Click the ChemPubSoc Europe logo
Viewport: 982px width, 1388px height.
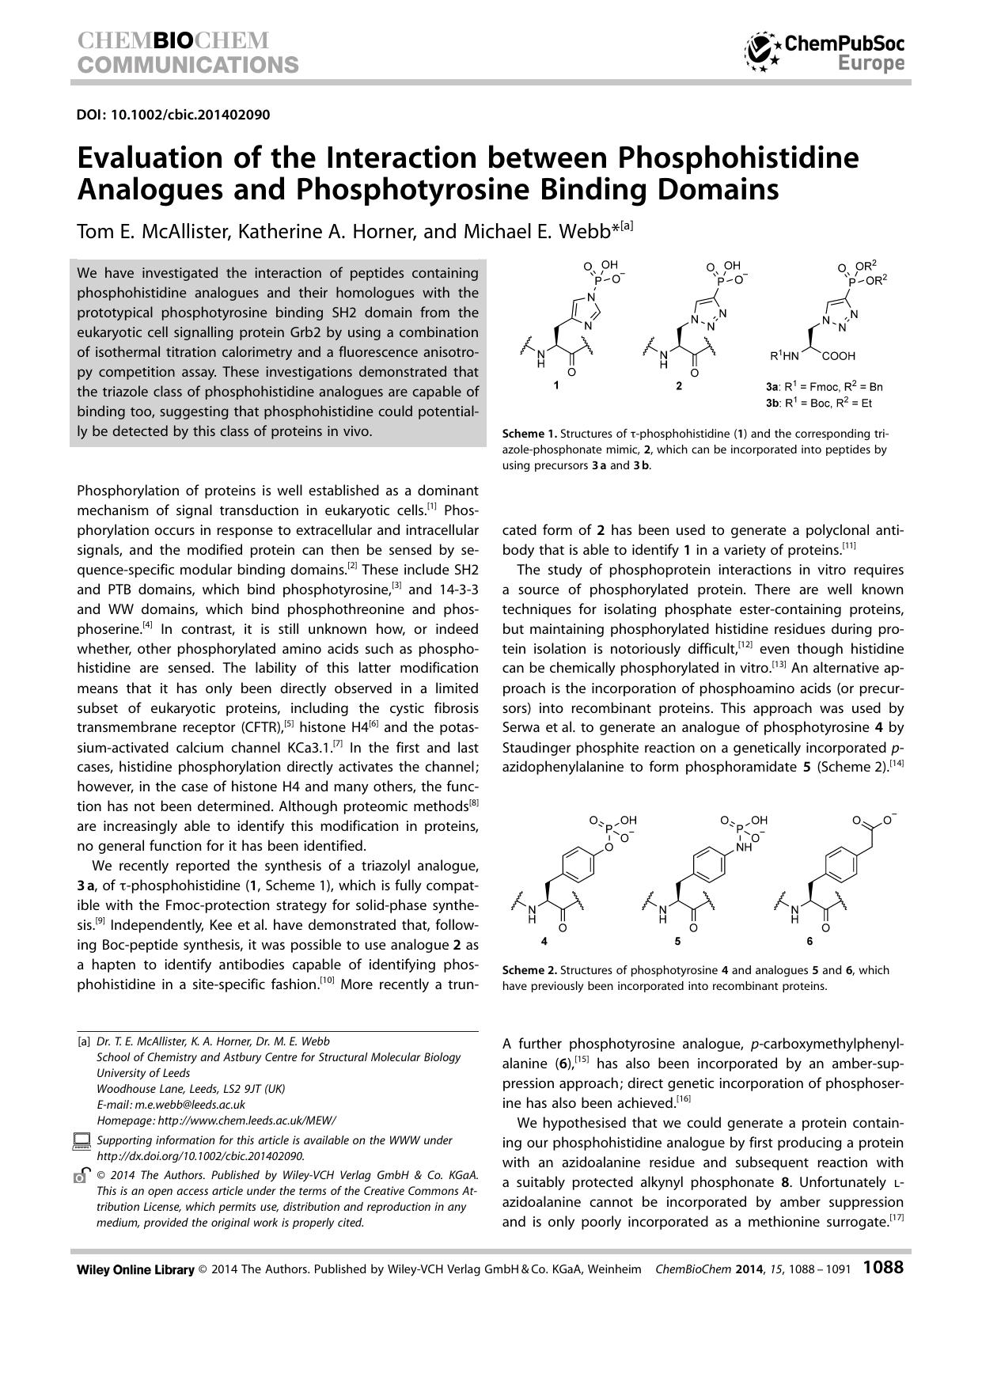click(825, 52)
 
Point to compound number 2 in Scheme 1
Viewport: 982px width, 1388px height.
click(678, 386)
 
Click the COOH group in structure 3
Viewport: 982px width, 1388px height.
click(840, 356)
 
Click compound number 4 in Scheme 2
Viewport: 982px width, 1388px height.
click(544, 941)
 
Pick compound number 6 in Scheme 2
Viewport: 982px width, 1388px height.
click(809, 941)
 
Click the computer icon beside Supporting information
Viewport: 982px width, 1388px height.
click(82, 1140)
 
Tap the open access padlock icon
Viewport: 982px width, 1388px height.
click(81, 1176)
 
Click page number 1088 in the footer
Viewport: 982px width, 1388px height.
click(883, 1268)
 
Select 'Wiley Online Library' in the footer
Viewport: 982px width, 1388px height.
click(135, 1269)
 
